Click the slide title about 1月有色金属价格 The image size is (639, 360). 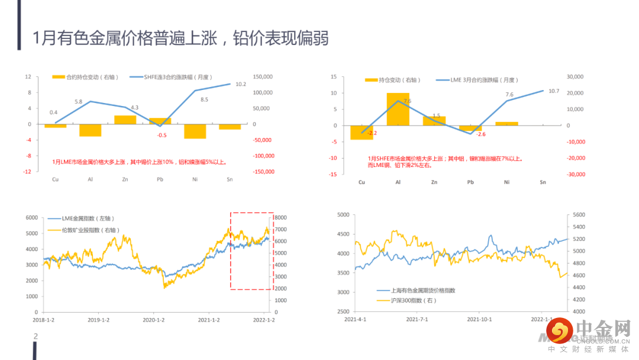(180, 38)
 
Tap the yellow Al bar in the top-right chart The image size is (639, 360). (398, 109)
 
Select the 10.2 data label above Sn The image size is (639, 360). (241, 84)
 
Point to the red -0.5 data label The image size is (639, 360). (162, 135)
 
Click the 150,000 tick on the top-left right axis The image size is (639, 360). (263, 77)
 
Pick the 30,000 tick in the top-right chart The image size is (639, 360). (576, 77)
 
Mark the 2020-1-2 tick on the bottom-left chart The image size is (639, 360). (154, 320)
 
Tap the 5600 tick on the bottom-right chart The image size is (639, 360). (579, 215)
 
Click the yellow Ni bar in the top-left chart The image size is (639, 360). (195, 131)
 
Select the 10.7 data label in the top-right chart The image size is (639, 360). (553, 91)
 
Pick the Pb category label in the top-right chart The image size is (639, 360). (470, 182)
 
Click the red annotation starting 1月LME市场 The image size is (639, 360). (140, 162)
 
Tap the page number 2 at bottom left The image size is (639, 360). (35, 336)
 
